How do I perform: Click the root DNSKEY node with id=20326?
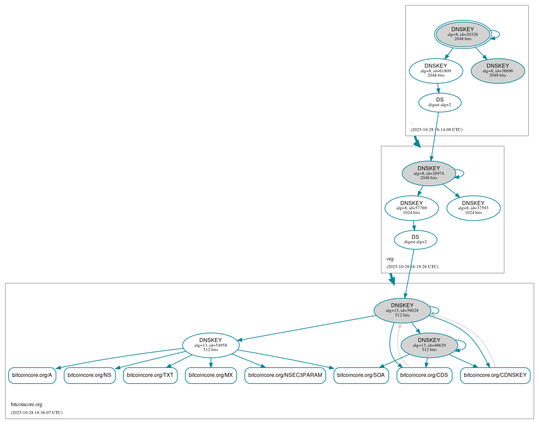click(x=462, y=34)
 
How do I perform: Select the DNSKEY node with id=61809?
click(x=436, y=71)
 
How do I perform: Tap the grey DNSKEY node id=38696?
click(x=498, y=71)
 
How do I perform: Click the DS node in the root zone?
click(x=439, y=103)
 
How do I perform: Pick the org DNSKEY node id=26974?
click(x=429, y=173)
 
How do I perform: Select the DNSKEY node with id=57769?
click(x=411, y=208)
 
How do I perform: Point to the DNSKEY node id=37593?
click(x=473, y=208)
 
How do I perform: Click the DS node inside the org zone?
click(x=415, y=240)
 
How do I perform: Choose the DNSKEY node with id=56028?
click(x=402, y=311)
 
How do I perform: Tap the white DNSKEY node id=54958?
click(x=211, y=345)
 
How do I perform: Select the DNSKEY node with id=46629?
click(x=429, y=345)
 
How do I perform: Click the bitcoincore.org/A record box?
click(x=32, y=375)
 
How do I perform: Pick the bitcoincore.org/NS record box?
click(x=90, y=375)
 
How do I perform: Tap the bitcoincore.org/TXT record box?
click(x=150, y=375)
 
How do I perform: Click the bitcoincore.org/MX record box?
click(x=211, y=375)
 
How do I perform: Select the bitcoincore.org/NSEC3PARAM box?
click(x=285, y=375)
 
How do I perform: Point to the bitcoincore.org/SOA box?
click(x=361, y=375)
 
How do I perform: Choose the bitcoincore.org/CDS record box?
click(x=424, y=375)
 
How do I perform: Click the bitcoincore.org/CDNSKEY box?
click(x=495, y=375)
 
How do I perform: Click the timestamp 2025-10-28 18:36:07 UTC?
click(x=37, y=413)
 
